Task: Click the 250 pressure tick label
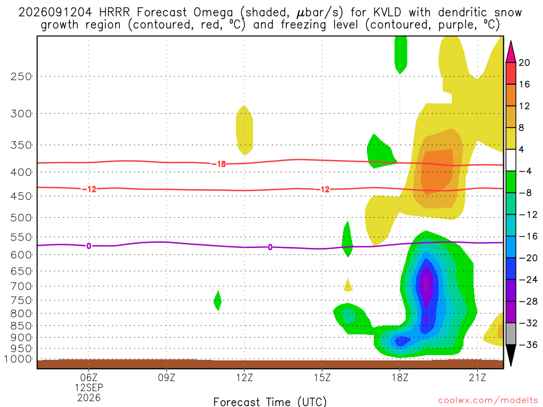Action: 21,76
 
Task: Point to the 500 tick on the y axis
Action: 21,218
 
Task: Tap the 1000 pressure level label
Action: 18,359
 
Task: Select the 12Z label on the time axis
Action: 244,377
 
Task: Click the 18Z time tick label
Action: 400,377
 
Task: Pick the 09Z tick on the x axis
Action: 167,377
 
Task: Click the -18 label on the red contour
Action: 219,164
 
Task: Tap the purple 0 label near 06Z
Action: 89,246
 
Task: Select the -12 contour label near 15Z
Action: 322,189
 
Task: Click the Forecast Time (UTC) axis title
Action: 270,402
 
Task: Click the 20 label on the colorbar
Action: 524,63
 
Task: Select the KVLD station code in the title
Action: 387,13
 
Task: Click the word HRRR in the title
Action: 115,13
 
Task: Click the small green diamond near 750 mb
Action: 218,301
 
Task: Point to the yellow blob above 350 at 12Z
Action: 244,130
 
